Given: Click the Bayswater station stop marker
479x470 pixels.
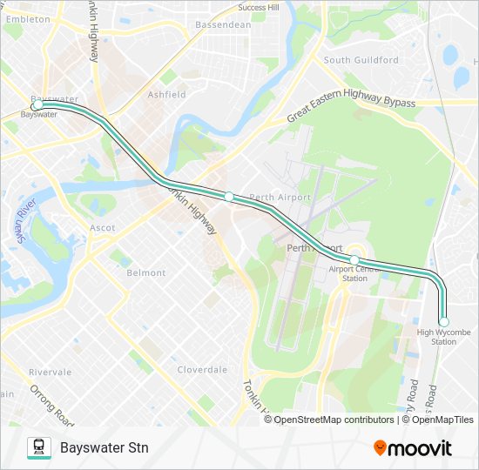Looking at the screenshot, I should click(38, 105).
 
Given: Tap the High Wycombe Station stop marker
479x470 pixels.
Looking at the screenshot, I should click(443, 322).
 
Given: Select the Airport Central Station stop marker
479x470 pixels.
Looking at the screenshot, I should click(354, 259).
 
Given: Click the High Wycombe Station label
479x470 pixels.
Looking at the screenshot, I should click(437, 337).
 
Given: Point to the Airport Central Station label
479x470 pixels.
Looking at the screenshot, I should click(354, 273).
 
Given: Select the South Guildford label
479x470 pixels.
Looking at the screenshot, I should click(361, 60).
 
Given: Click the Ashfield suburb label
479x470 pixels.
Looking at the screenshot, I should click(166, 94).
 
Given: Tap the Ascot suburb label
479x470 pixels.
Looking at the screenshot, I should click(102, 228).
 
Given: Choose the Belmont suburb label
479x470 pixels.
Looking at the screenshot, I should click(146, 272).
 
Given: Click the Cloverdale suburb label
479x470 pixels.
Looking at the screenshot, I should click(202, 369).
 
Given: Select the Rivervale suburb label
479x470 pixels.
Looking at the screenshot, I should click(50, 372).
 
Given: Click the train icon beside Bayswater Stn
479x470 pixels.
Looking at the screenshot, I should click(39, 448).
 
